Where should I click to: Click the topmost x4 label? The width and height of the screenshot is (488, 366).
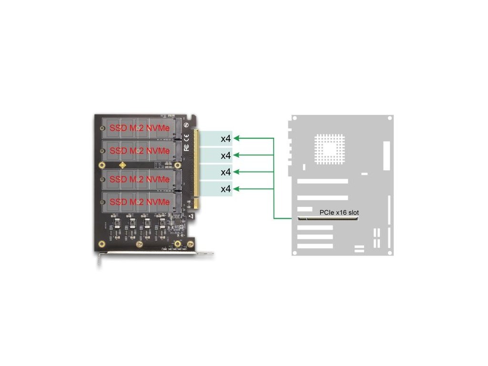[226, 139]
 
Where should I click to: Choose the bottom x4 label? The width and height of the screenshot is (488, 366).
[226, 189]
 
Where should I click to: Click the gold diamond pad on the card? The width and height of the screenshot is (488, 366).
[123, 165]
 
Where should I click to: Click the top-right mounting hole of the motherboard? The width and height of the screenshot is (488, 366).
[390, 118]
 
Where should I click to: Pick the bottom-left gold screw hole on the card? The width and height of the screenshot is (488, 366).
[101, 244]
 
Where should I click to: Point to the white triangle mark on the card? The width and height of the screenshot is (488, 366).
[191, 216]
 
